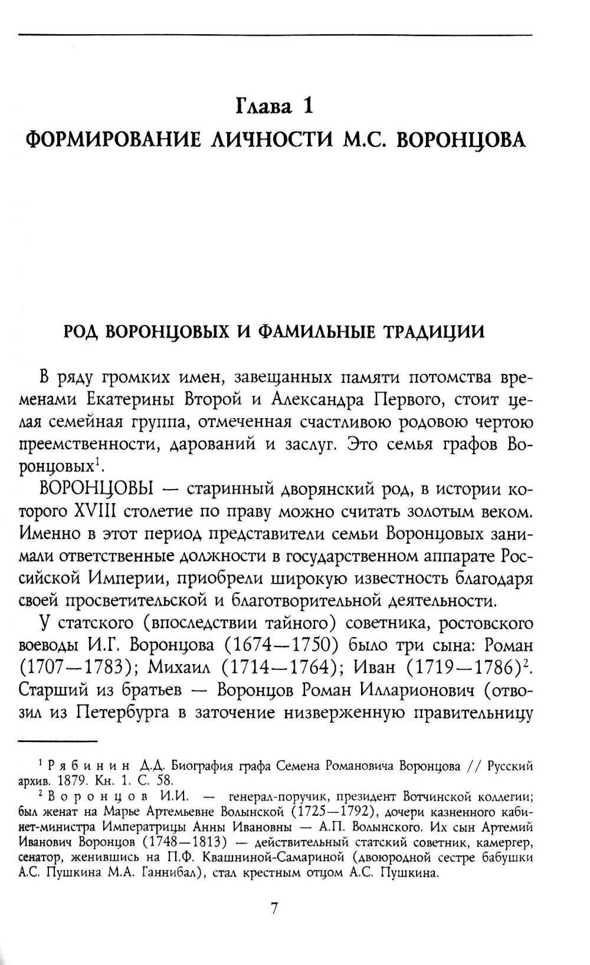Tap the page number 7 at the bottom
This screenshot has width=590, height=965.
274,909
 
